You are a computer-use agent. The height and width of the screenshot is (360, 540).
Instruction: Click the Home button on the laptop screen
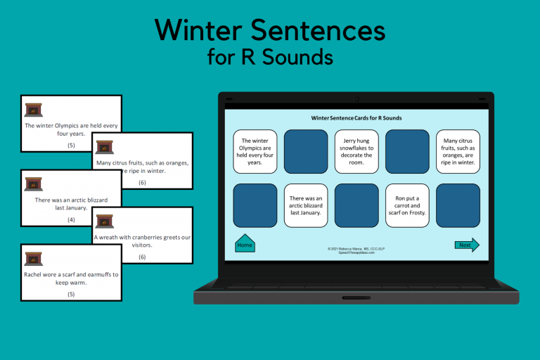click(x=245, y=244)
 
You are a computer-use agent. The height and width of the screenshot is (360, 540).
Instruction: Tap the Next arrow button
click(x=466, y=245)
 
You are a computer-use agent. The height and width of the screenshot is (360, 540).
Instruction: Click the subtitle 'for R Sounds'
click(x=270, y=56)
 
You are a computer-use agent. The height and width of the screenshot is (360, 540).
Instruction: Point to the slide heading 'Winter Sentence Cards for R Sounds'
click(x=356, y=118)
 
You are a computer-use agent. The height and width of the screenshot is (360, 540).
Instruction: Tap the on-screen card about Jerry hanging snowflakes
click(x=356, y=151)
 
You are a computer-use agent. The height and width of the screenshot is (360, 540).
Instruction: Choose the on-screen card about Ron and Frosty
click(x=407, y=205)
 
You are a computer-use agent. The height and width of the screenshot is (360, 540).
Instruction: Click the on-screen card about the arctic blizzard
click(x=306, y=205)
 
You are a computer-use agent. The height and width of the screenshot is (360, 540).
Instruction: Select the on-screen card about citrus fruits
click(x=458, y=151)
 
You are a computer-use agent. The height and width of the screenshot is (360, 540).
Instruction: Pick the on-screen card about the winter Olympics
click(x=255, y=151)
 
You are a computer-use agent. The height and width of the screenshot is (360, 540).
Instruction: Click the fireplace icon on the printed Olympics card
click(x=33, y=109)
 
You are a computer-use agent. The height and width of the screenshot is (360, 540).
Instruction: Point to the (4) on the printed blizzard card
click(x=71, y=219)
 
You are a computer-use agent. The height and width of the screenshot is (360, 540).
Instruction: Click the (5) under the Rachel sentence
click(x=71, y=294)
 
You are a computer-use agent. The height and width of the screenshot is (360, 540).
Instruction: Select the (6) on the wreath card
click(x=142, y=257)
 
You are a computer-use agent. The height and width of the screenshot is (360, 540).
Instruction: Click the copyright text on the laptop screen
click(x=356, y=250)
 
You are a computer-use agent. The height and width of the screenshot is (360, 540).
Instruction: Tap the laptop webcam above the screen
click(x=356, y=99)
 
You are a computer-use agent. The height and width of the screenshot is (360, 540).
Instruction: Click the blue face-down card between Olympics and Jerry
click(x=306, y=151)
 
